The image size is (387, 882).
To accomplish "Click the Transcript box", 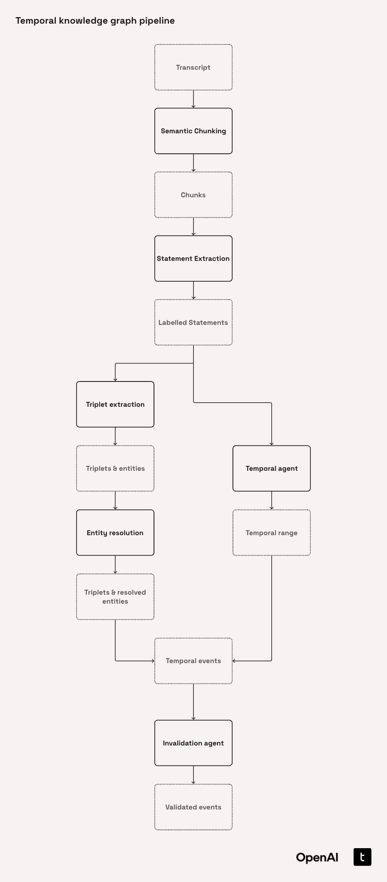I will click(193, 67).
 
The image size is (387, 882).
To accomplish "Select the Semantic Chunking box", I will click(193, 131).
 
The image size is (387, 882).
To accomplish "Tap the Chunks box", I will click(193, 195).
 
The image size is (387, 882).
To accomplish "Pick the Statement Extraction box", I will click(193, 258).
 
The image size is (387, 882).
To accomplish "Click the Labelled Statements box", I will click(193, 322).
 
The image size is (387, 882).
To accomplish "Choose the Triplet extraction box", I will click(115, 404).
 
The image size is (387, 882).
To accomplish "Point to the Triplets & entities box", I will click(115, 468).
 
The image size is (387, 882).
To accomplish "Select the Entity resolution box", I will click(115, 533).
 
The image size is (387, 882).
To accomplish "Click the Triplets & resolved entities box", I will click(115, 597).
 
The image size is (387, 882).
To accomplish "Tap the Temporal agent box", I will click(272, 468).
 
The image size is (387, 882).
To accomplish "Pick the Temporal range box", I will click(272, 533).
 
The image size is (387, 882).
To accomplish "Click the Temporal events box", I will click(193, 661).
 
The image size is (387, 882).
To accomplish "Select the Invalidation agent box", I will click(193, 743).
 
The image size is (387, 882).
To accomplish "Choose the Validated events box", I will click(193, 807).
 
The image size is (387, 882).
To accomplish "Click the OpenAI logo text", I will click(317, 857).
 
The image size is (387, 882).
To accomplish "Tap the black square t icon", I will click(362, 857).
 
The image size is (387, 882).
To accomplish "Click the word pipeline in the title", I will click(157, 21).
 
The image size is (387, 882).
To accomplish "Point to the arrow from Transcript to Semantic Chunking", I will click(193, 99).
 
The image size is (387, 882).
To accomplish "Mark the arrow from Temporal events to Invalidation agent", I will click(193, 702).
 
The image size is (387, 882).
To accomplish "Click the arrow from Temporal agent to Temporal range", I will click(272, 501).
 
